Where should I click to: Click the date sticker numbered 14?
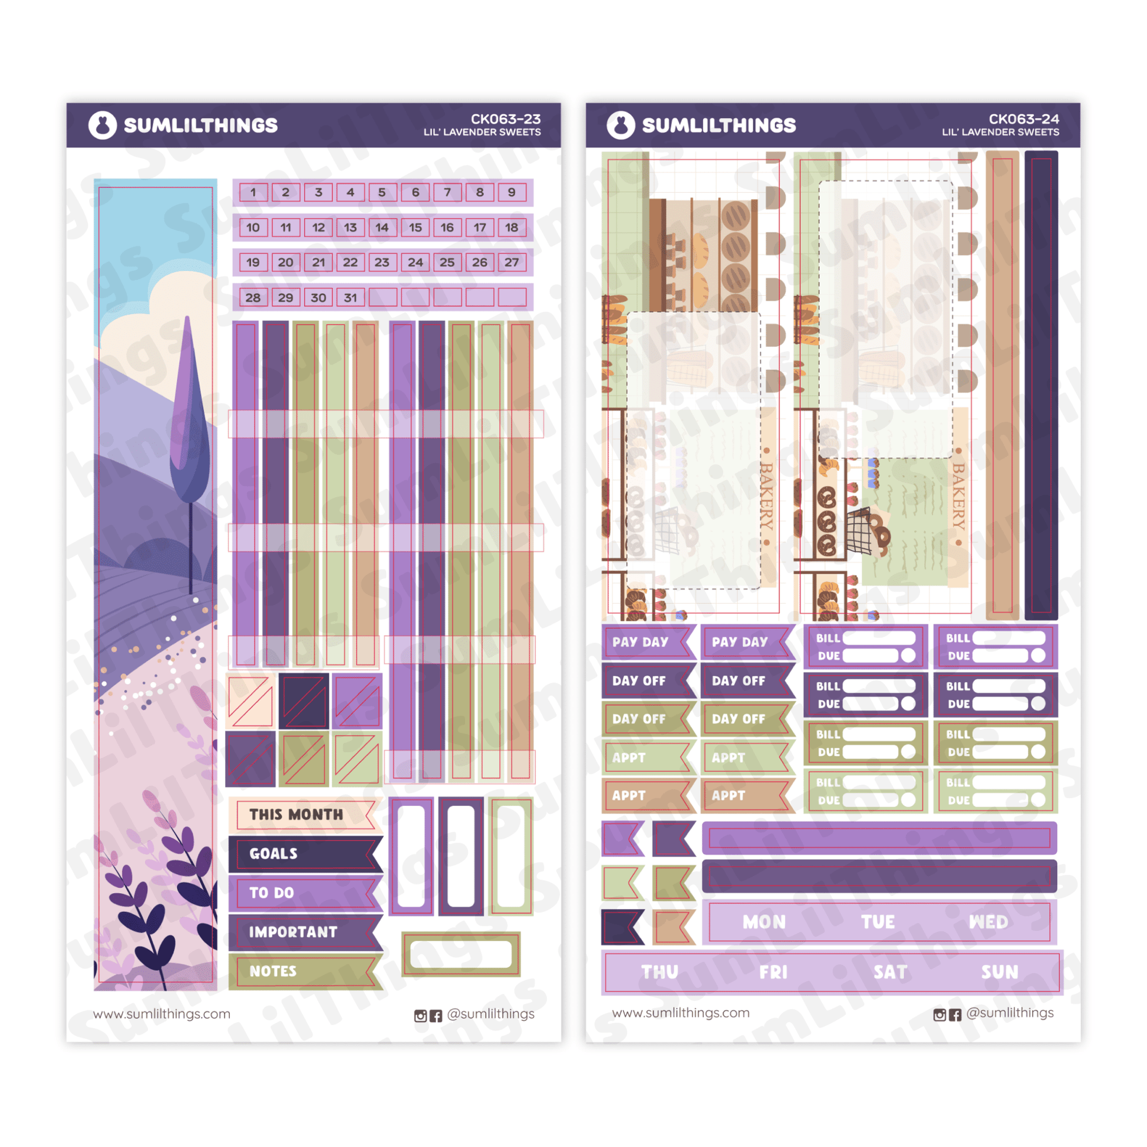(x=382, y=227)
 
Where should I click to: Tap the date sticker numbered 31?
(x=351, y=298)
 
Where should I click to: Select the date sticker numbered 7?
(x=447, y=193)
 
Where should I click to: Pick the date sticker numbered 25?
(x=447, y=262)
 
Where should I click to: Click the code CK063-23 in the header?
(x=506, y=120)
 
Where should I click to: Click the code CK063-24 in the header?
(x=1023, y=120)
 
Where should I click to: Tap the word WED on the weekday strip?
(x=988, y=922)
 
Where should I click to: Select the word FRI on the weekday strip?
(x=773, y=973)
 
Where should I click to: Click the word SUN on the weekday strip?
(x=1000, y=973)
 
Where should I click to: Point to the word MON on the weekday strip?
(x=764, y=922)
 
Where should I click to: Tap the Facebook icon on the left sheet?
(x=436, y=1016)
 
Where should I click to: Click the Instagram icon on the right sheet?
(x=939, y=1014)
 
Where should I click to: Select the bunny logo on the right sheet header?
(x=621, y=125)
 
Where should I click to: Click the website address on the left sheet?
(x=161, y=1014)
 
